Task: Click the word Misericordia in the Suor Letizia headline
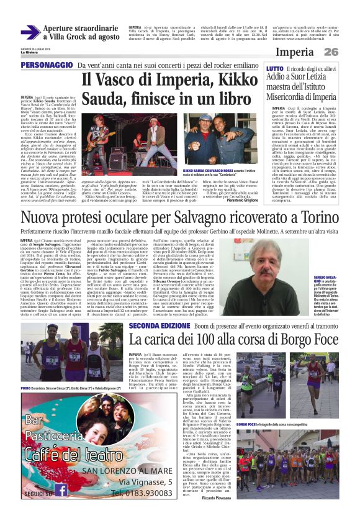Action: [x=293, y=97]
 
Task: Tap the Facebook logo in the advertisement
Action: [x=61, y=490]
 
